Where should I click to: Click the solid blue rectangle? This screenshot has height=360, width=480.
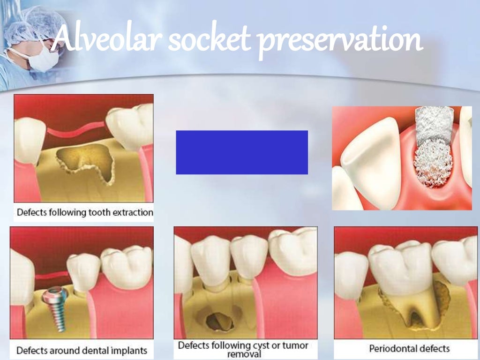click(241, 152)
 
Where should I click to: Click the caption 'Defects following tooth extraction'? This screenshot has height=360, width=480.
click(84, 212)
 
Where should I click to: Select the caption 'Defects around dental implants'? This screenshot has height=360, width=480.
click(82, 350)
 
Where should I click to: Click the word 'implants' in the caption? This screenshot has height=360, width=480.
click(128, 350)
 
